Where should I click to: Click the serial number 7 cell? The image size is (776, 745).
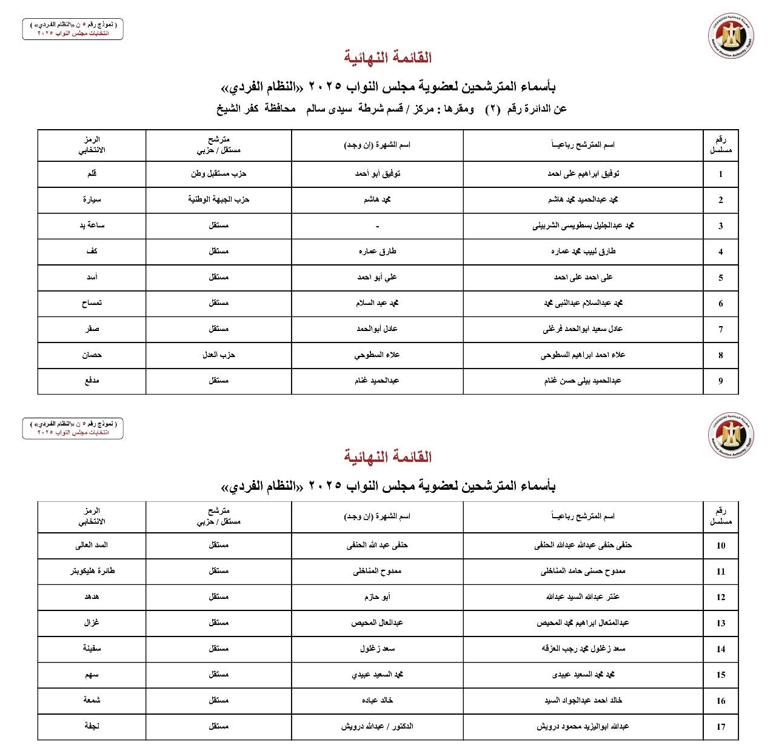tap(720, 330)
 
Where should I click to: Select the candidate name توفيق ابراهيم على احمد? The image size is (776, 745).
tap(583, 174)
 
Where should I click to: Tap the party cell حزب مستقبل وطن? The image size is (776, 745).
tap(218, 174)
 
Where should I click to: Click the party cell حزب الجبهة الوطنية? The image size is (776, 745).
tap(218, 199)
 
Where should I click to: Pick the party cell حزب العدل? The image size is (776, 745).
tap(218, 355)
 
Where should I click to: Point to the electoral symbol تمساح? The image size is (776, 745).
tap(92, 303)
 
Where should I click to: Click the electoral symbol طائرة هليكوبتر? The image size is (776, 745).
tap(92, 571)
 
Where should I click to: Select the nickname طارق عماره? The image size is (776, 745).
tap(377, 251)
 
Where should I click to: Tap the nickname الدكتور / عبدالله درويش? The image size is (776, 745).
tap(377, 726)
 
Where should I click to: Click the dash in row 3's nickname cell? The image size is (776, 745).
tap(377, 226)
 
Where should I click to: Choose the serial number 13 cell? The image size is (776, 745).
tap(720, 623)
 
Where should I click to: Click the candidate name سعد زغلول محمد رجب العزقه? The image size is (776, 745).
tap(583, 649)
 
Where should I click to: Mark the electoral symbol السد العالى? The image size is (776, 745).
tap(92, 545)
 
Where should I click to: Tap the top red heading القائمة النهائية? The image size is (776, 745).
tap(388, 58)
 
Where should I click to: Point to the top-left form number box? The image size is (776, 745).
tap(73, 28)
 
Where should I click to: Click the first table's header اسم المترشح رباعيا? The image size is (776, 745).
tap(583, 145)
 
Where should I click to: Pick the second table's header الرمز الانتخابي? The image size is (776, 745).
tap(92, 516)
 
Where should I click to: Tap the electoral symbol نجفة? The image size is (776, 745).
tap(92, 726)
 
